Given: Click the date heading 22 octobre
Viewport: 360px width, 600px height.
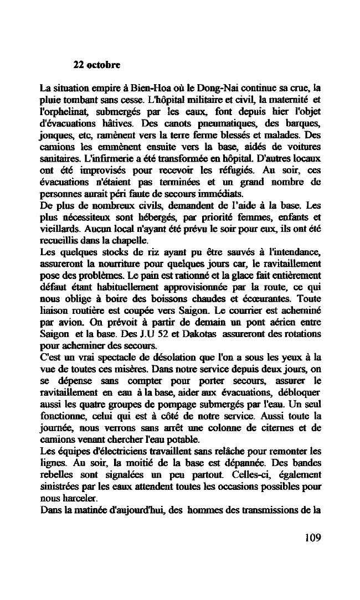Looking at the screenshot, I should [x=97, y=65].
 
